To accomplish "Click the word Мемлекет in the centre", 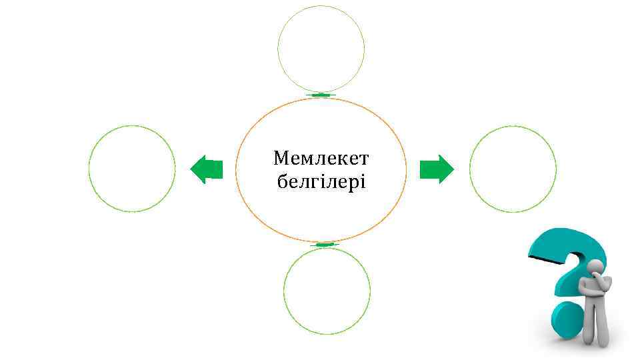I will (x=321, y=159).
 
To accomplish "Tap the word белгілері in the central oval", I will (x=321, y=181).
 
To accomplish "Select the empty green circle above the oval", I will (x=321, y=49).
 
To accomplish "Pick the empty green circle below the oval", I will (x=327, y=291).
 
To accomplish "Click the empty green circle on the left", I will (x=132, y=169).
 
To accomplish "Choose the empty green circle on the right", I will (x=513, y=169).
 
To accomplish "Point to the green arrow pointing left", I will (x=206, y=169).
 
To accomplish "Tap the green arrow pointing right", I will (x=437, y=169).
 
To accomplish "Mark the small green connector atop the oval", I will (x=321, y=95).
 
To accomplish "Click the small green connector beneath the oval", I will (x=325, y=245).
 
